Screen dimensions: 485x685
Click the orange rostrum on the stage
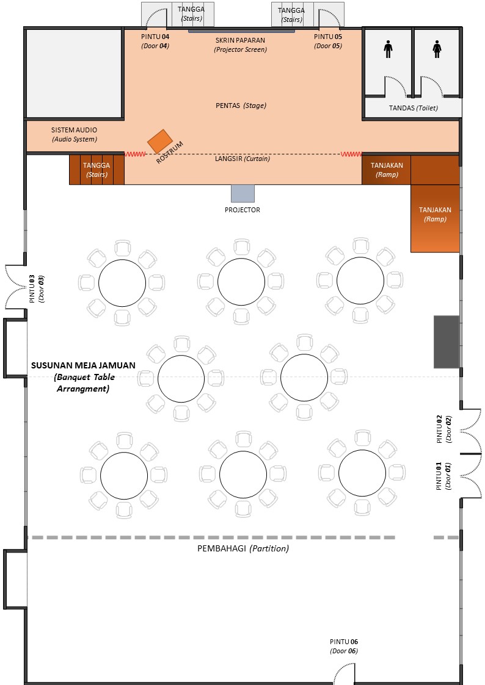159,142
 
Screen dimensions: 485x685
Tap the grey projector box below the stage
242,193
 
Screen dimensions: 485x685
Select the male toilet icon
388,49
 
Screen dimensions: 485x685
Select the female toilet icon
437,49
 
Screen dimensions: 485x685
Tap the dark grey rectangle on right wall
447,342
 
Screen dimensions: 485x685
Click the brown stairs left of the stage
97,169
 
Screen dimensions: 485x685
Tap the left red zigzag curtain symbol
135,154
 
